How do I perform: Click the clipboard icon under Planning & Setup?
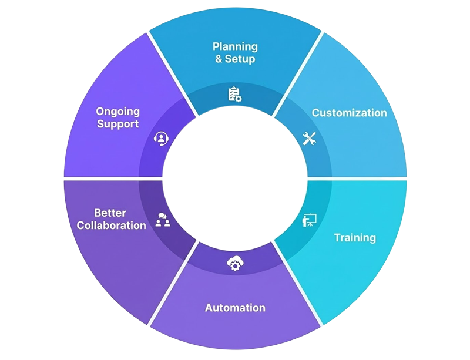point(234,94)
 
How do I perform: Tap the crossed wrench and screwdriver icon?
point(309,139)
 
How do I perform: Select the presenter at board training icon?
point(309,220)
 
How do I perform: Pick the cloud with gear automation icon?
point(234,265)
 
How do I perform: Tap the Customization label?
point(349,113)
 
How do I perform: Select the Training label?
point(355,238)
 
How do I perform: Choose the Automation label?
point(235,308)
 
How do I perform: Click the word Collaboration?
point(112,226)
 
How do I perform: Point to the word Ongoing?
point(117,111)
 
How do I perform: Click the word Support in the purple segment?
point(117,124)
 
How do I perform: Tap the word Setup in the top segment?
point(240,59)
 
